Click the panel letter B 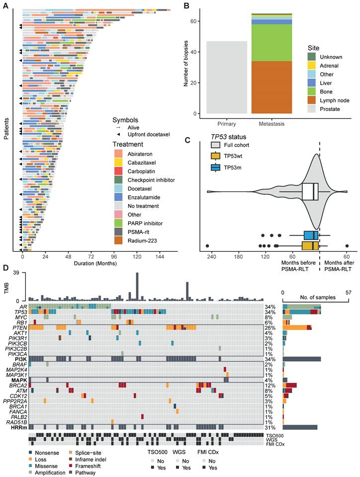(x=186, y=6)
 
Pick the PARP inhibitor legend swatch (x=118, y=221)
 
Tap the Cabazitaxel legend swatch (x=118, y=162)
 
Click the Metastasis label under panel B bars (x=271, y=123)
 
